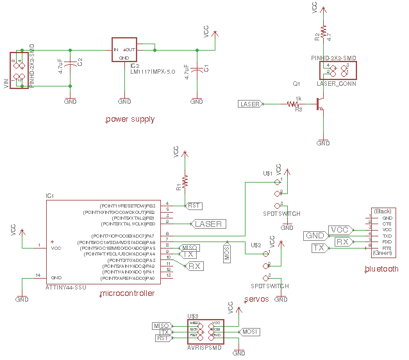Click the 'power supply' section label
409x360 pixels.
(129, 119)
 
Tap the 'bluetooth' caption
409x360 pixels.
(381, 269)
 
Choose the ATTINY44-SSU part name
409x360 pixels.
(65, 288)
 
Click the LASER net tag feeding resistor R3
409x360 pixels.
(249, 104)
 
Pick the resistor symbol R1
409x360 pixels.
(185, 181)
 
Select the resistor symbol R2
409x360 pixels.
(324, 32)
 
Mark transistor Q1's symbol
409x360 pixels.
(319, 103)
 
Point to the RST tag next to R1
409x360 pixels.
(194, 206)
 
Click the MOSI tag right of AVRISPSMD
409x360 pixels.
(249, 331)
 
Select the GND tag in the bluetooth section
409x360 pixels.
(315, 236)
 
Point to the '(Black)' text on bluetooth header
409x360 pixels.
(382, 211)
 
